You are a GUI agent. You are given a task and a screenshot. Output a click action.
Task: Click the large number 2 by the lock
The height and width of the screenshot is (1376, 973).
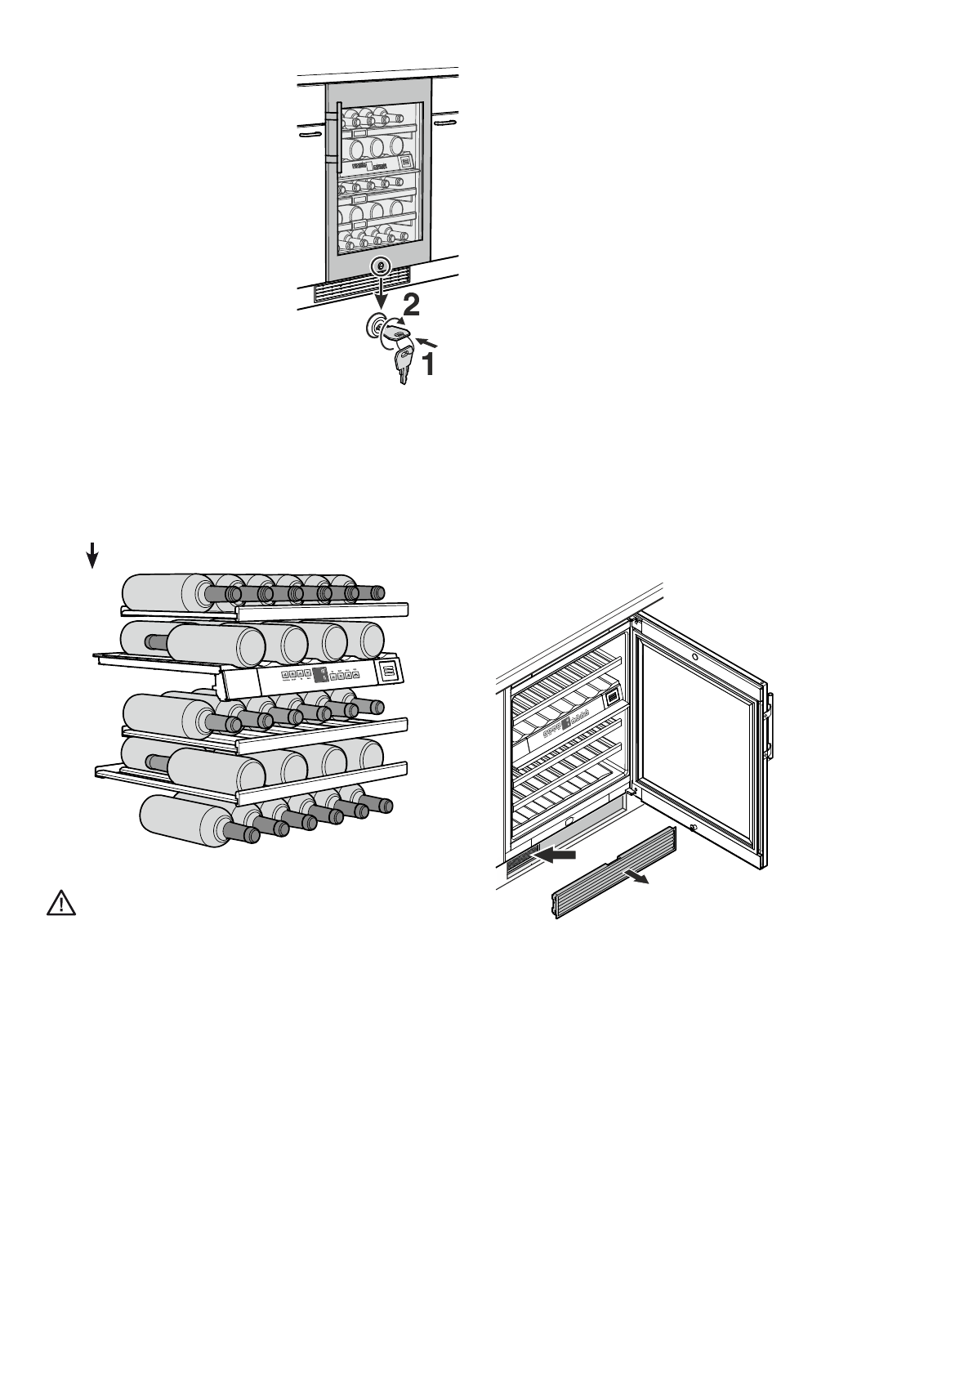(411, 306)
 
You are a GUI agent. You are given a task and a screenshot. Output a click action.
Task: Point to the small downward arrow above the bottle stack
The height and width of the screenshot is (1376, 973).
(92, 556)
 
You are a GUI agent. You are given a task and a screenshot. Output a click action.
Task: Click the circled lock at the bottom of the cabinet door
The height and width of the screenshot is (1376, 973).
(380, 266)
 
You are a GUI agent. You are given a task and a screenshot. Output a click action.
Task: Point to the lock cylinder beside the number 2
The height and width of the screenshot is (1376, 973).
(376, 327)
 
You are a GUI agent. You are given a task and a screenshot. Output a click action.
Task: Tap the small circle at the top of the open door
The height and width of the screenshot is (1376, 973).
(694, 656)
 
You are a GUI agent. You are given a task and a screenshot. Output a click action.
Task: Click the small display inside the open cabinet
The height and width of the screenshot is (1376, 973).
(609, 698)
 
